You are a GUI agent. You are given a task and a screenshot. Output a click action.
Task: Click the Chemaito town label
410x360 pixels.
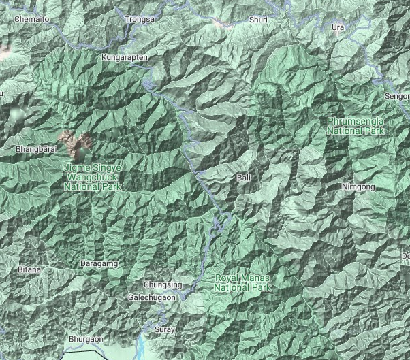coord(32,20)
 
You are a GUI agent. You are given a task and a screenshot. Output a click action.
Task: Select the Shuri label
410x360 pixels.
coord(258,20)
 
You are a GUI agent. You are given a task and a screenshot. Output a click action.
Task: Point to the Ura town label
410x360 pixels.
coord(338,27)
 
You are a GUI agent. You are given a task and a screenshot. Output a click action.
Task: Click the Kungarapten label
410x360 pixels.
coord(125,58)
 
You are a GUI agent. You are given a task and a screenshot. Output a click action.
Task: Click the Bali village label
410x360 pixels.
coord(243,178)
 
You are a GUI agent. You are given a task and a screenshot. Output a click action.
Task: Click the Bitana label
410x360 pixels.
coord(30,270)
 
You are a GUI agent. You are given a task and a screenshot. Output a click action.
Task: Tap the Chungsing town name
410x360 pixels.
coord(163,284)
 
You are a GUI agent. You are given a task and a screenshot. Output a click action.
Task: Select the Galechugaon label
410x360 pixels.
coord(152,298)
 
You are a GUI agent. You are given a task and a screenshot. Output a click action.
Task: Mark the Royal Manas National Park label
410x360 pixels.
coord(242,283)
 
